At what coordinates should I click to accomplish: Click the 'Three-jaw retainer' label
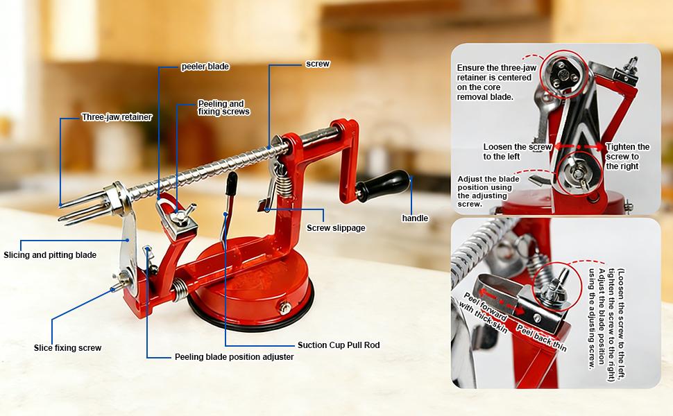click(117, 117)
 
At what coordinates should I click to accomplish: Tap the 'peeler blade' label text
click(205, 67)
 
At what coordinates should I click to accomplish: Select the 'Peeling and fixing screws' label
click(223, 107)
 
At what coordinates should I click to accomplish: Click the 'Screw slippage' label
click(336, 228)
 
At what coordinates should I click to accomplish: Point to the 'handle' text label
click(415, 218)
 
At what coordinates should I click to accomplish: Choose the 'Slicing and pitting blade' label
click(50, 255)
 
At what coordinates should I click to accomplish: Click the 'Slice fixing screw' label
click(68, 348)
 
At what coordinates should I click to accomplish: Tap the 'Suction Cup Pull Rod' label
click(339, 345)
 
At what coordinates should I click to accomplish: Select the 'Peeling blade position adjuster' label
click(234, 357)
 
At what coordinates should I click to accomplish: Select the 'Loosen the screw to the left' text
click(517, 151)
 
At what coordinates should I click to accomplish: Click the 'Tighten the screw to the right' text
click(627, 156)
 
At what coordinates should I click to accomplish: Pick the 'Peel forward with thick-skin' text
click(486, 312)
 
